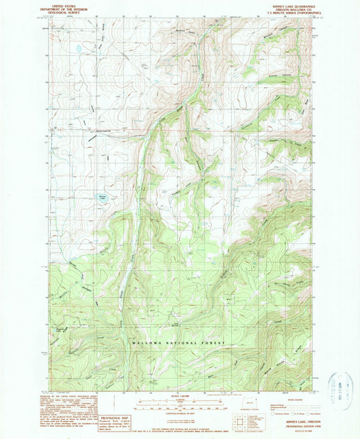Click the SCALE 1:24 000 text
[x=180, y=395]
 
